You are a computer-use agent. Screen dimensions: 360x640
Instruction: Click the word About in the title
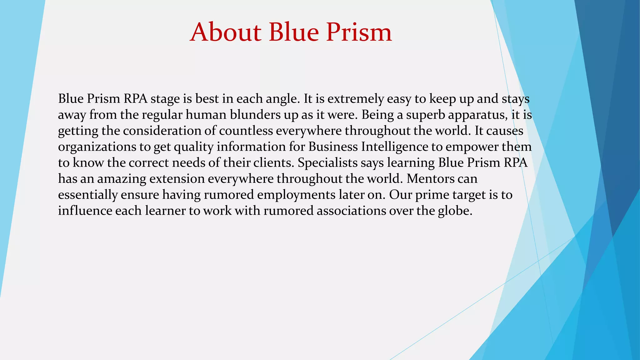tap(225, 32)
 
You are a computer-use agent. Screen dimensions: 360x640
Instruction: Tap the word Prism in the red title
tap(359, 32)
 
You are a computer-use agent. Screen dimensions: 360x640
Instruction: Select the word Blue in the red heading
tap(293, 32)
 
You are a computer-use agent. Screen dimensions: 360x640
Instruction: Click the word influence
tap(85, 211)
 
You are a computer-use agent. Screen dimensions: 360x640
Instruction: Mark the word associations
tap(351, 211)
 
